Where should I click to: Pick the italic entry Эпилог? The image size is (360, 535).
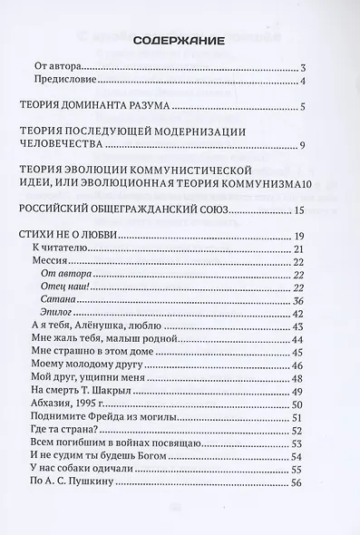point(59,313)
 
